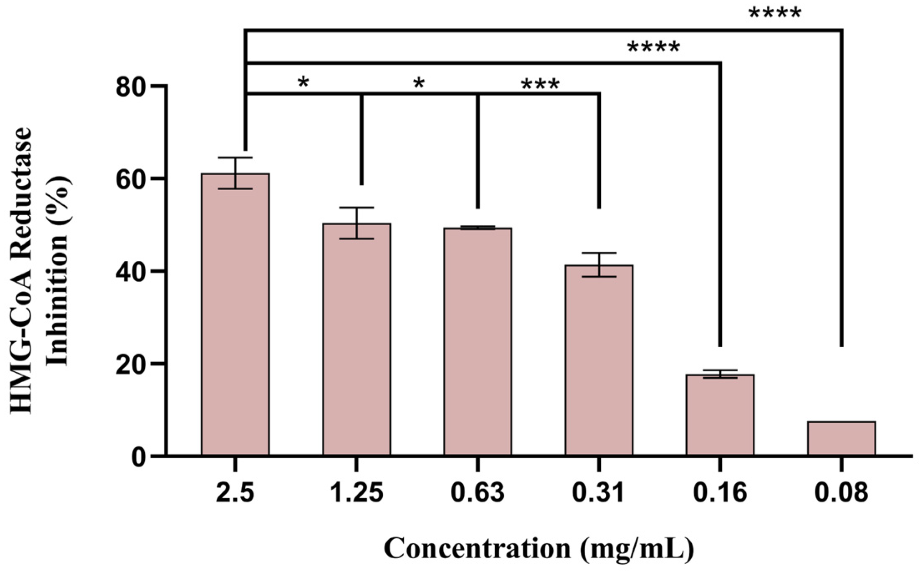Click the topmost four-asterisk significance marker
click(775, 14)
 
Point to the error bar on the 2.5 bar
click(235, 173)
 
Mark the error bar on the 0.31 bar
click(599, 265)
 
